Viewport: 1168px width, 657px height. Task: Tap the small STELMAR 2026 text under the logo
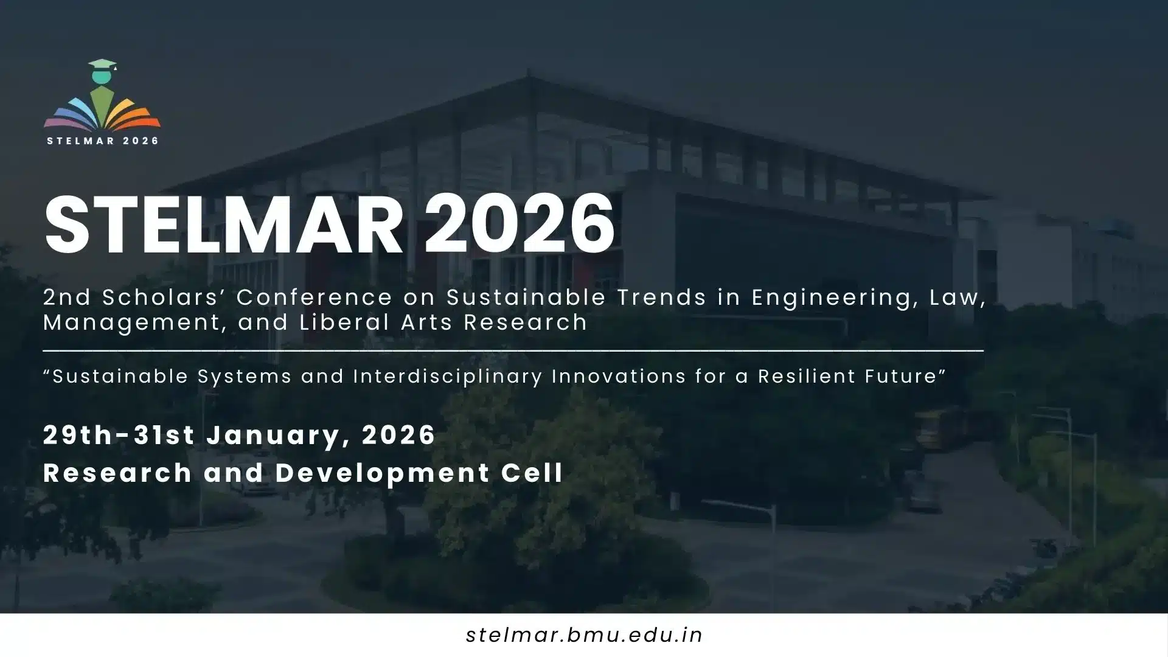tap(103, 141)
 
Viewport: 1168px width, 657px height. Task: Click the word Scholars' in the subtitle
tap(164, 297)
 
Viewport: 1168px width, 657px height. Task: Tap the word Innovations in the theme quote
tap(619, 377)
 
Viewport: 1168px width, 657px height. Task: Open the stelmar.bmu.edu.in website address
tap(584, 635)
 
